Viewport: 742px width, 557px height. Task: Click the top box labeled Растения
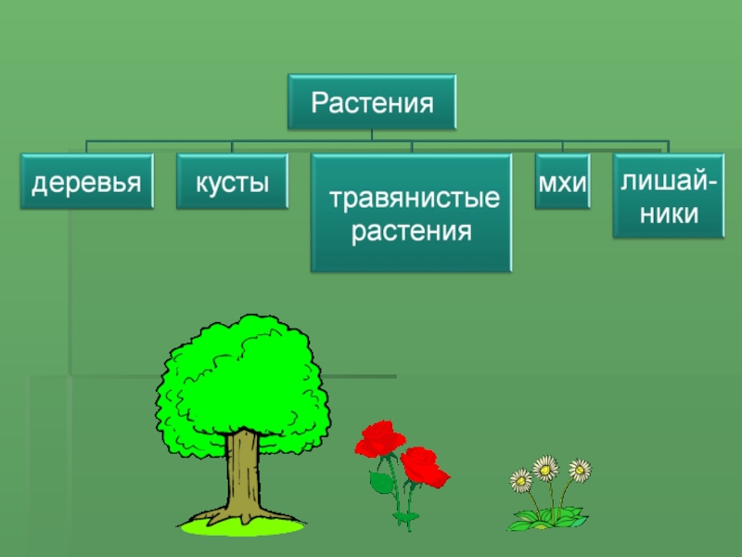tap(372, 101)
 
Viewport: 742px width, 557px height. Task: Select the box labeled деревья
tap(87, 182)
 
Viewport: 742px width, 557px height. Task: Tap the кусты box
tap(232, 182)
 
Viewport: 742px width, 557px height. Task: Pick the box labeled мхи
tap(562, 182)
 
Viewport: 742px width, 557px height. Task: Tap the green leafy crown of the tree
tap(241, 381)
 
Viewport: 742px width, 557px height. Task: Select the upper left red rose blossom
tap(380, 438)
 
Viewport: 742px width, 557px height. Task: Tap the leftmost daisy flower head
tap(520, 480)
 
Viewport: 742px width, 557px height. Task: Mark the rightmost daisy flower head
tap(580, 470)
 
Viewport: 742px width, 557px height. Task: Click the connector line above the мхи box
tap(562, 146)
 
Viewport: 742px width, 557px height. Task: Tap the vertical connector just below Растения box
tap(372, 136)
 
